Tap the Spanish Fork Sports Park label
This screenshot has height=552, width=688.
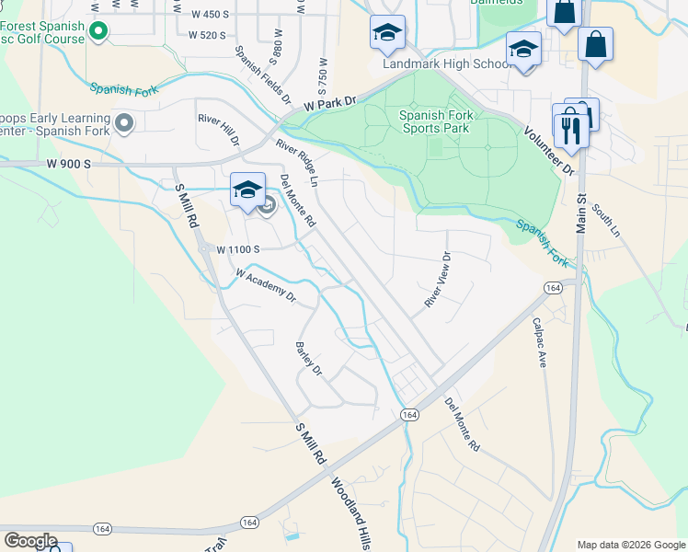click(x=434, y=121)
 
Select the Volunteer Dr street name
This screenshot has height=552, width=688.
click(x=549, y=146)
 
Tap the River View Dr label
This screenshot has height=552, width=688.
click(x=437, y=280)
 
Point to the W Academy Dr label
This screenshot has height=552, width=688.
click(x=266, y=285)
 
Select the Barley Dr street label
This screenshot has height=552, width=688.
click(x=308, y=359)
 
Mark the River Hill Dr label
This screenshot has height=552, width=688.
click(x=219, y=130)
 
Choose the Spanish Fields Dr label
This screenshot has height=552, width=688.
click(x=262, y=74)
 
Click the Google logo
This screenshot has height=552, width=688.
click(x=30, y=541)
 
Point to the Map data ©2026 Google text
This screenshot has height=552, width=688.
click(x=631, y=545)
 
